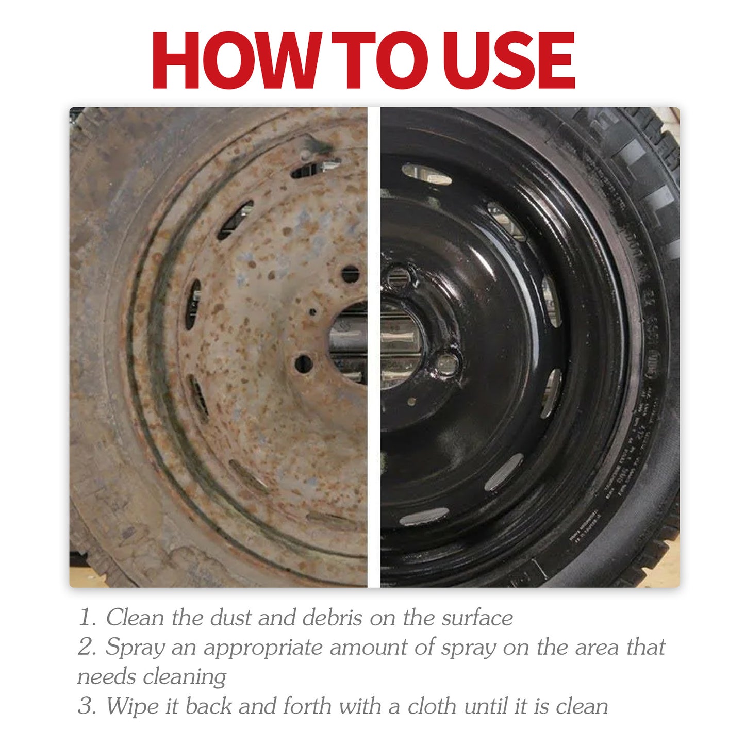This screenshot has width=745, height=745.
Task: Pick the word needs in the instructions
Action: click(107, 677)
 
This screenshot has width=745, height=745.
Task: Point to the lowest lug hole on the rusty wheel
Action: click(303, 364)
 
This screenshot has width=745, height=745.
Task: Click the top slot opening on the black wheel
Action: click(426, 174)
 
